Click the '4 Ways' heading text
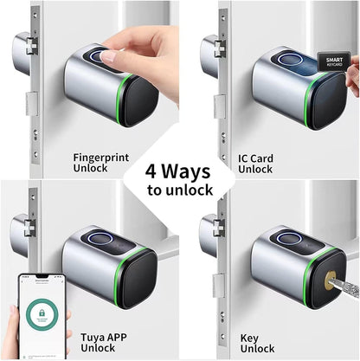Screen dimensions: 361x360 (x=179, y=169)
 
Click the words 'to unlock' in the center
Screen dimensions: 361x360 (x=179, y=190)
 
